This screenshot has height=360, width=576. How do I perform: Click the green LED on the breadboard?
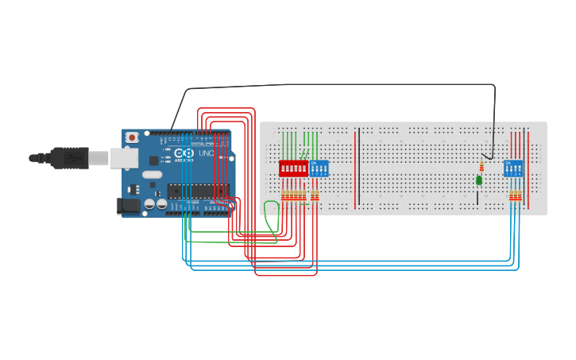479,180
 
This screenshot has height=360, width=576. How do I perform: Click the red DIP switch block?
292,168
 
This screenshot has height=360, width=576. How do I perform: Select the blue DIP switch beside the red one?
319,168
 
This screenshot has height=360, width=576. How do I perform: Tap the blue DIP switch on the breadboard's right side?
513,168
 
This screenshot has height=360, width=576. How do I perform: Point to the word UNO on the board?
206,153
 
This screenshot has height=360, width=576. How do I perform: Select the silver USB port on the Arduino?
124,158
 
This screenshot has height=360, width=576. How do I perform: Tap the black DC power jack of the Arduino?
129,206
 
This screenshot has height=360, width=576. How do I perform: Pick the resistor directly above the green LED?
481,165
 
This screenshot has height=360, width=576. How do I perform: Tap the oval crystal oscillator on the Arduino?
153,174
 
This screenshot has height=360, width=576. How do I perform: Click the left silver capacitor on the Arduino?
149,205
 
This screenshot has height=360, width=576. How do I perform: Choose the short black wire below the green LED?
477,196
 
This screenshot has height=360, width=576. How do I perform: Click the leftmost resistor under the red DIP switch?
283,195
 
